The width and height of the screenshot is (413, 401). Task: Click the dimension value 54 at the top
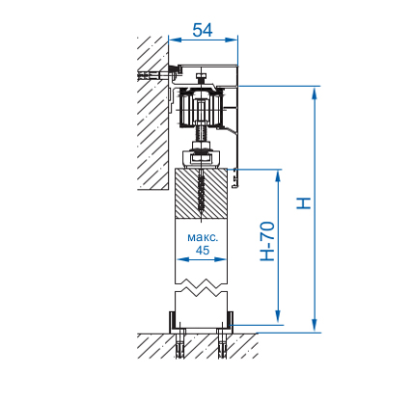pyautogui.click(x=203, y=30)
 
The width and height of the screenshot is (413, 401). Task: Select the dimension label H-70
pyautogui.click(x=267, y=241)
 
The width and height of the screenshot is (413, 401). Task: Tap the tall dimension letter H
pyautogui.click(x=304, y=203)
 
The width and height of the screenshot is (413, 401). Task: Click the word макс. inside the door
pyautogui.click(x=203, y=238)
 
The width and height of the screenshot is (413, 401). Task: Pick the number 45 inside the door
pyautogui.click(x=203, y=250)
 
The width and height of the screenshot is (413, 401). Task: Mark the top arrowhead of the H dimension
pyautogui.click(x=315, y=93)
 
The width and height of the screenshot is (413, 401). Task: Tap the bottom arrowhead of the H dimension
pyautogui.click(x=315, y=325)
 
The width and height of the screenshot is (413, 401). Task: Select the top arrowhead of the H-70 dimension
pyautogui.click(x=278, y=175)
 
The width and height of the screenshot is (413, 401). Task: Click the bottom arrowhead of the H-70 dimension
pyautogui.click(x=278, y=317)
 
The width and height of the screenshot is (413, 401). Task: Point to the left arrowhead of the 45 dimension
pyautogui.click(x=182, y=259)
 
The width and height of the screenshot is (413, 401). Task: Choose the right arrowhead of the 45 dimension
pyautogui.click(x=221, y=259)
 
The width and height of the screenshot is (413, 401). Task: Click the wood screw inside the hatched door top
pyautogui.click(x=201, y=194)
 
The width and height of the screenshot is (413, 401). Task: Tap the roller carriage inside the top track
pyautogui.click(x=201, y=109)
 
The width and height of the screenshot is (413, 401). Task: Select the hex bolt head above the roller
pyautogui.click(x=201, y=76)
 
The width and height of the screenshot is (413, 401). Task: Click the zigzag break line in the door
pyautogui.click(x=201, y=287)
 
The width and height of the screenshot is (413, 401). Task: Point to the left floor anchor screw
pyautogui.click(x=180, y=344)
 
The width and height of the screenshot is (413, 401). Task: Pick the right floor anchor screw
pyautogui.click(x=222, y=344)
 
